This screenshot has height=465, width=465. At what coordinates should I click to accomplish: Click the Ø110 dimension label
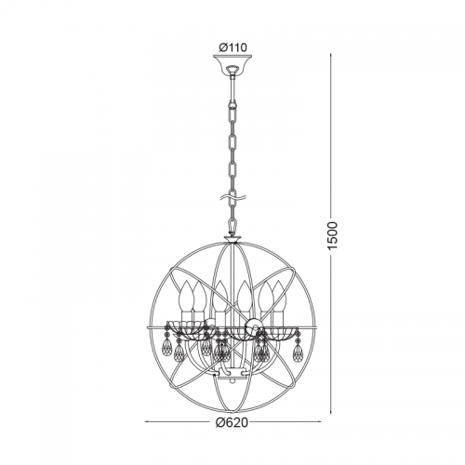coord(232,47)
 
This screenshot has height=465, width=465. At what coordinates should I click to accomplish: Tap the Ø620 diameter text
coord(232,421)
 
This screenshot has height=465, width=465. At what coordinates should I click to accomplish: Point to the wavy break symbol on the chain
coord(232,196)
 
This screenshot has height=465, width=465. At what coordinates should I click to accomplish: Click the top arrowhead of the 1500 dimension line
coord(331,56)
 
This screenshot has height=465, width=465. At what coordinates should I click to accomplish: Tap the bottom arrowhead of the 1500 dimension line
coord(331,412)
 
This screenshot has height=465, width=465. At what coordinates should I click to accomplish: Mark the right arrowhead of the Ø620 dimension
coord(319,421)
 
